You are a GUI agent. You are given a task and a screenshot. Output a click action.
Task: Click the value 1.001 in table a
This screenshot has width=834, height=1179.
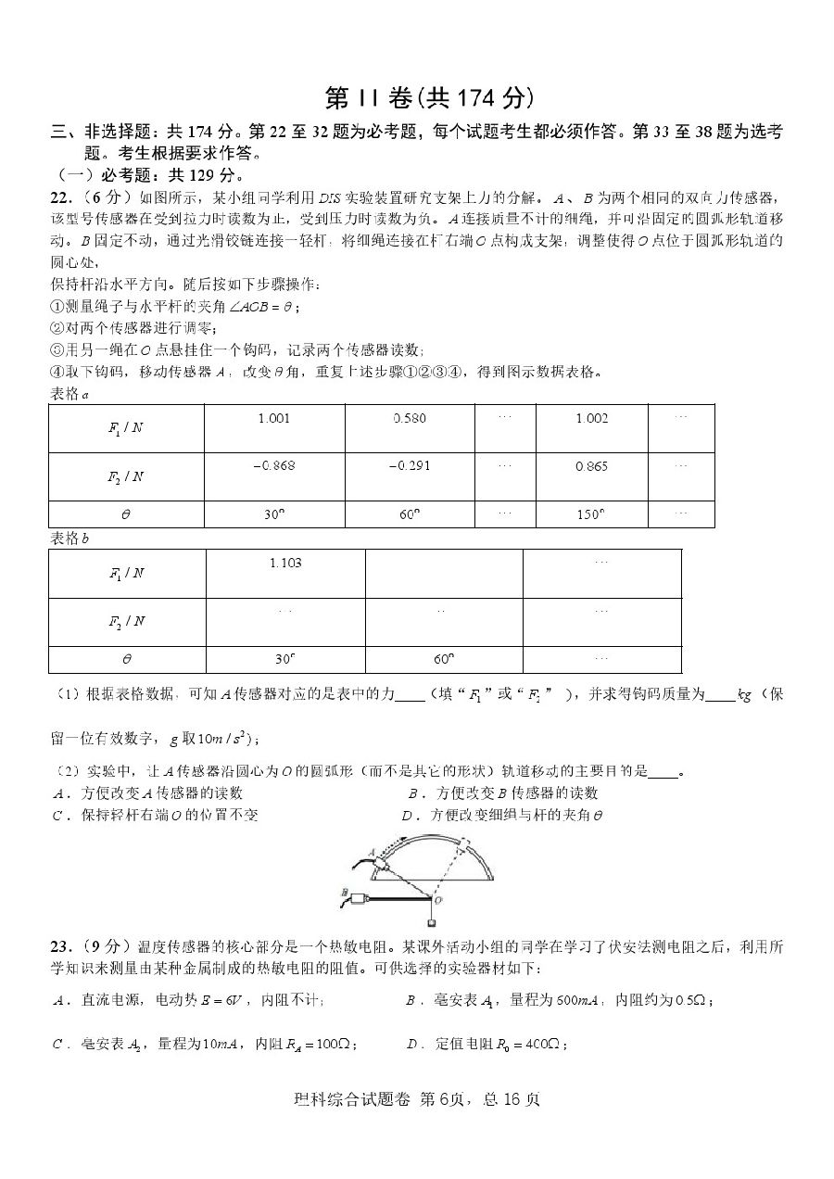coord(273,418)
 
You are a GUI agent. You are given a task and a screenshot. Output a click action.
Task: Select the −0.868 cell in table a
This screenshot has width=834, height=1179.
coord(273,465)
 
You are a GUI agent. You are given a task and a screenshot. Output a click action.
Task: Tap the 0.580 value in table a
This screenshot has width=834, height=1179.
coord(410,418)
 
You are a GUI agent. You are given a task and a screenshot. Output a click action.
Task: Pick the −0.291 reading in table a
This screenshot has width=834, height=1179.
coord(410,465)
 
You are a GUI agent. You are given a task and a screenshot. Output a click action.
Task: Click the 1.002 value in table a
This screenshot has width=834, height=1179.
coord(592,418)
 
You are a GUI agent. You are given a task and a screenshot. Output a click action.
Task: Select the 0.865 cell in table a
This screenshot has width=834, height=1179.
coord(592,466)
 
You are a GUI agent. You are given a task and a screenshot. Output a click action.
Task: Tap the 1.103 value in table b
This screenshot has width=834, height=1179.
coord(285,563)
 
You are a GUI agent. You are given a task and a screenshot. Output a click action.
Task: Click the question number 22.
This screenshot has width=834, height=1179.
coord(61,197)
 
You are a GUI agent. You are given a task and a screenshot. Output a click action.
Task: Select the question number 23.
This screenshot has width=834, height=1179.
coord(61,945)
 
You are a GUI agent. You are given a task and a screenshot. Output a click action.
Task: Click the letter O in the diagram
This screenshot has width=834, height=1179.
coord(438,899)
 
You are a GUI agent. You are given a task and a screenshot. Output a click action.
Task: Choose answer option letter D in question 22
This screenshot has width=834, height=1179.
coord(408,817)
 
